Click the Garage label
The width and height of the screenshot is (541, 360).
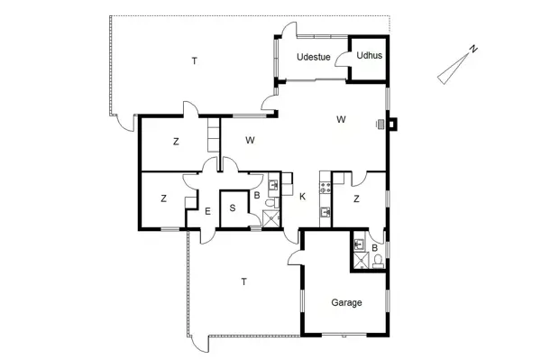pyautogui.click(x=346, y=302)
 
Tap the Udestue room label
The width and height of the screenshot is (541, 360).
pyautogui.click(x=313, y=57)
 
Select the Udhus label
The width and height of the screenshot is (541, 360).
pyautogui.click(x=368, y=55)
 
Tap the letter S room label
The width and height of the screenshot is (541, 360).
pyautogui.click(x=233, y=208)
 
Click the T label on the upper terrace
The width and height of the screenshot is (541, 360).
pyautogui.click(x=194, y=61)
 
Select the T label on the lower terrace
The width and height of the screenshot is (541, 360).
pyautogui.click(x=243, y=282)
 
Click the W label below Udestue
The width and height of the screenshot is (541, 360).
pyautogui.click(x=341, y=119)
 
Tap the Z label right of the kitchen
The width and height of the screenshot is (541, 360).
pyautogui.click(x=356, y=198)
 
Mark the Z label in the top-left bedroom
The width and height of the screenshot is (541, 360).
pyautogui.click(x=176, y=141)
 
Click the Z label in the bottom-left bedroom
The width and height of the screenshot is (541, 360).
pyautogui.click(x=163, y=198)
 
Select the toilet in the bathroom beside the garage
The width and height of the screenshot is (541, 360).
pyautogui.click(x=376, y=260)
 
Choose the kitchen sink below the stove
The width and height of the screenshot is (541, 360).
pyautogui.click(x=325, y=212)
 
